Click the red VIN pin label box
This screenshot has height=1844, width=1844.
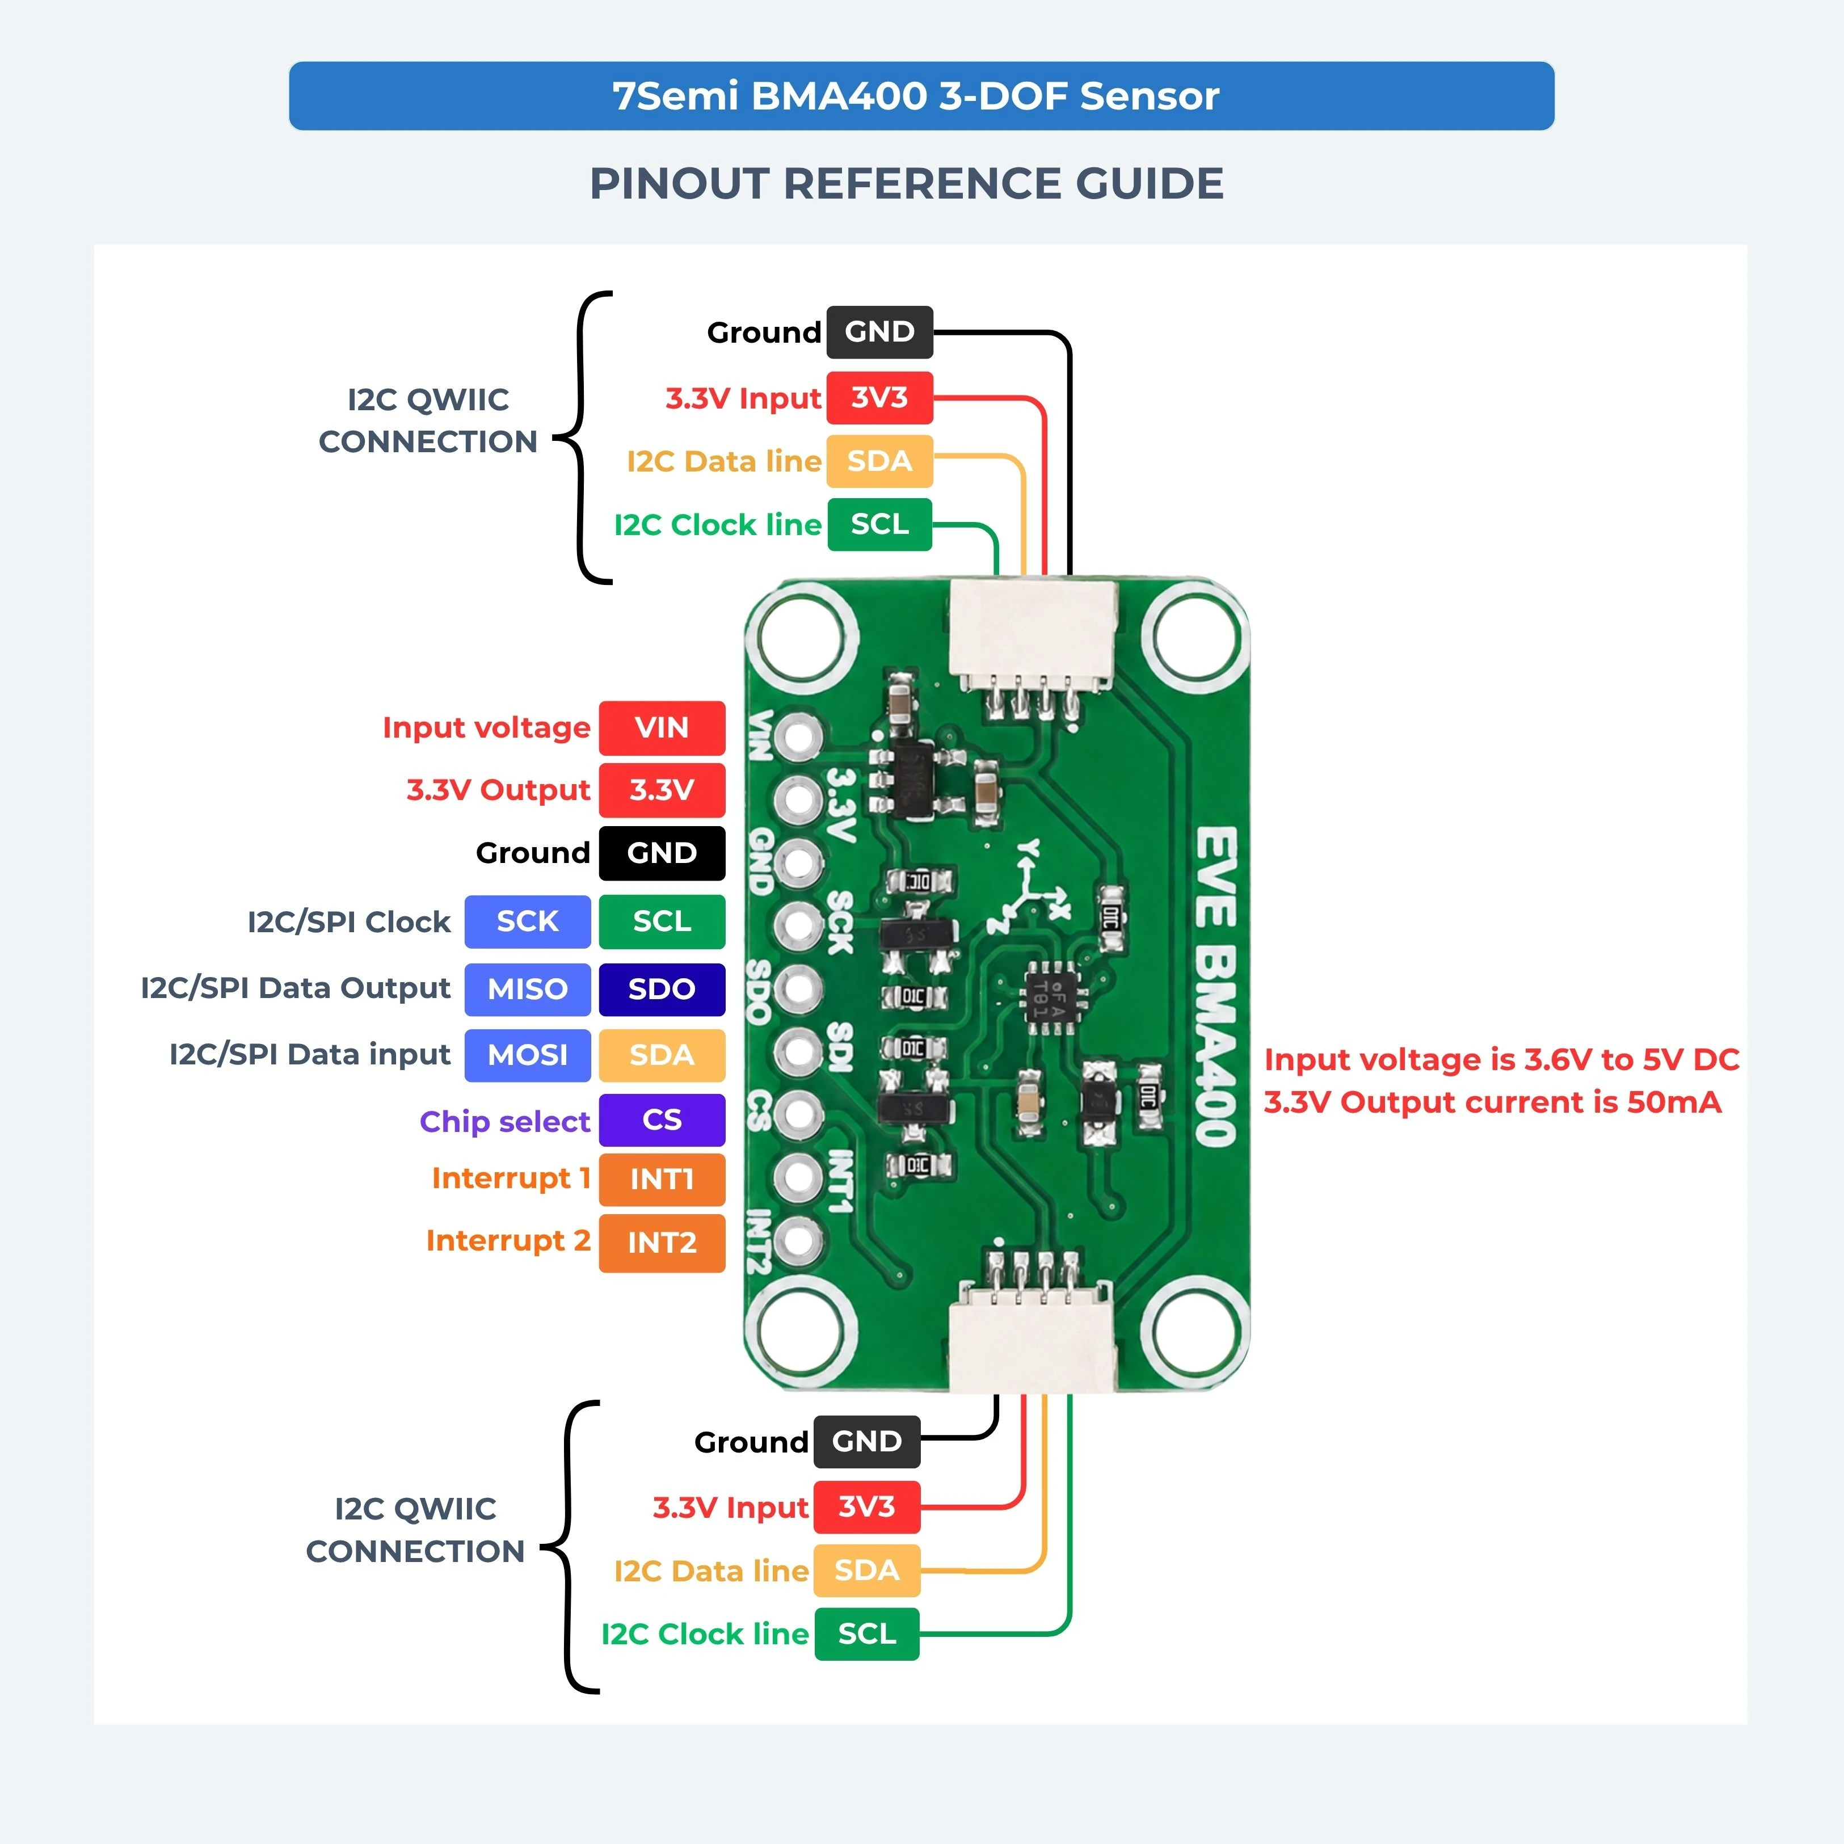click(x=662, y=727)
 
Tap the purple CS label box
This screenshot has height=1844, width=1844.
click(x=662, y=1119)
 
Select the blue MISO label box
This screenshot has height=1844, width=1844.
click(x=527, y=989)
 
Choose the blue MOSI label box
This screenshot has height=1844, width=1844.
click(x=527, y=1055)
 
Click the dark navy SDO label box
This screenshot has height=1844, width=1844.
click(x=662, y=989)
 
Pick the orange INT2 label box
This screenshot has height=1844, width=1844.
click(x=662, y=1242)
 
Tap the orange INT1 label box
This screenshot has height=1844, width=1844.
click(x=662, y=1179)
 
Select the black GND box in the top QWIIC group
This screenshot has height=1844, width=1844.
click(x=879, y=331)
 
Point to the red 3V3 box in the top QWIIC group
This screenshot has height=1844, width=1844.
click(x=879, y=397)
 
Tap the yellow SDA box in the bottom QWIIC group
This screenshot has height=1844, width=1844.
click(x=866, y=1570)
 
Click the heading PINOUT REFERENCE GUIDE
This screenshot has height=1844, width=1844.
click(x=907, y=183)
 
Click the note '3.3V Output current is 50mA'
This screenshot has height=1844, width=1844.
click(x=1493, y=1102)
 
